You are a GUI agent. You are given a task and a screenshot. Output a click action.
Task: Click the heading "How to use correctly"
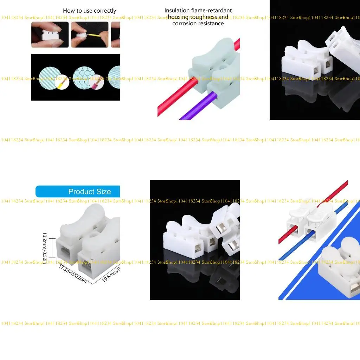pos(89,11)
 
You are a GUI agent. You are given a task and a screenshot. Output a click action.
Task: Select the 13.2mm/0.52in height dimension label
pos(45,246)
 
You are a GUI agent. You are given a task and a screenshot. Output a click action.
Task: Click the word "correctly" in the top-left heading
pos(105,11)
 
